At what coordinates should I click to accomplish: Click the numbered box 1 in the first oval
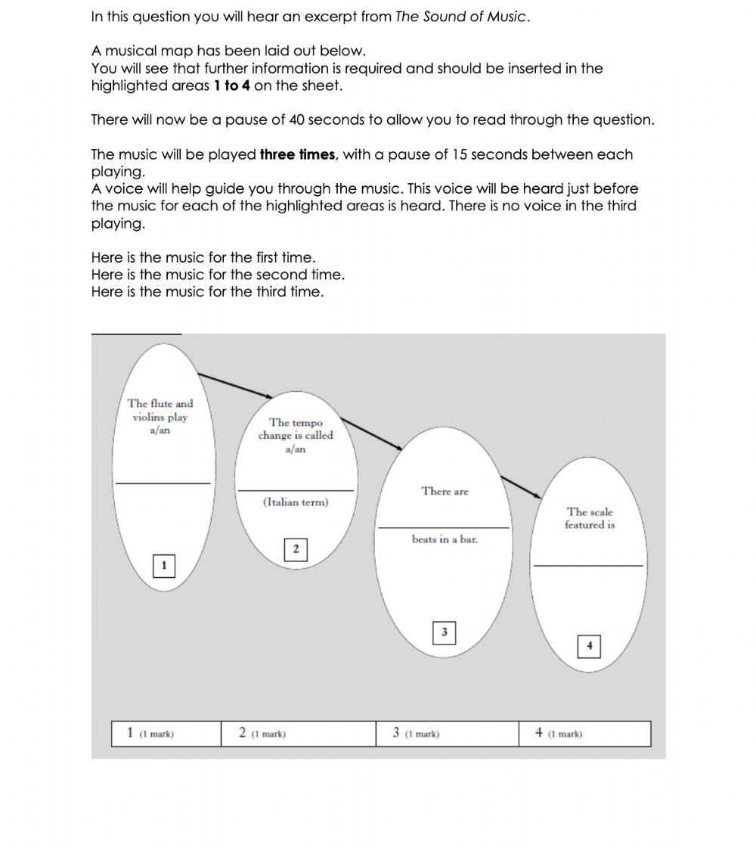click(164, 566)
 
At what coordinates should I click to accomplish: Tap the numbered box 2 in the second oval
click(296, 549)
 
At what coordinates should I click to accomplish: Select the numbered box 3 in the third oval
click(444, 632)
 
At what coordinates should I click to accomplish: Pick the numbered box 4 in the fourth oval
click(589, 647)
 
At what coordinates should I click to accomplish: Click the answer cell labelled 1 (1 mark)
click(166, 734)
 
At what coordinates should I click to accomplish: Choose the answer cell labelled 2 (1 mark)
click(298, 734)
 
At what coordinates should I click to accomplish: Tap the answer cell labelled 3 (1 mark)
click(447, 734)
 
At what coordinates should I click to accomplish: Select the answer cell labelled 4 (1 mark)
click(584, 734)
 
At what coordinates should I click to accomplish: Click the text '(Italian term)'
click(296, 502)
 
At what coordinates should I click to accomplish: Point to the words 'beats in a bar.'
click(445, 539)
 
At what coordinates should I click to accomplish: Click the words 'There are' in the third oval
click(445, 492)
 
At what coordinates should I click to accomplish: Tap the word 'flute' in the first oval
click(161, 403)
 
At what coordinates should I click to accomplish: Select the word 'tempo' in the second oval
click(307, 423)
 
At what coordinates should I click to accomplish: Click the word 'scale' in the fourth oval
click(601, 512)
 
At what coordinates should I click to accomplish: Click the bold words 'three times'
click(297, 154)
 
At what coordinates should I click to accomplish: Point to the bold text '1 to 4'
click(231, 85)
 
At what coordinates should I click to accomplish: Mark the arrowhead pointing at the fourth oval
click(537, 495)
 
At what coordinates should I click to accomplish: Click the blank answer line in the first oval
click(163, 483)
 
